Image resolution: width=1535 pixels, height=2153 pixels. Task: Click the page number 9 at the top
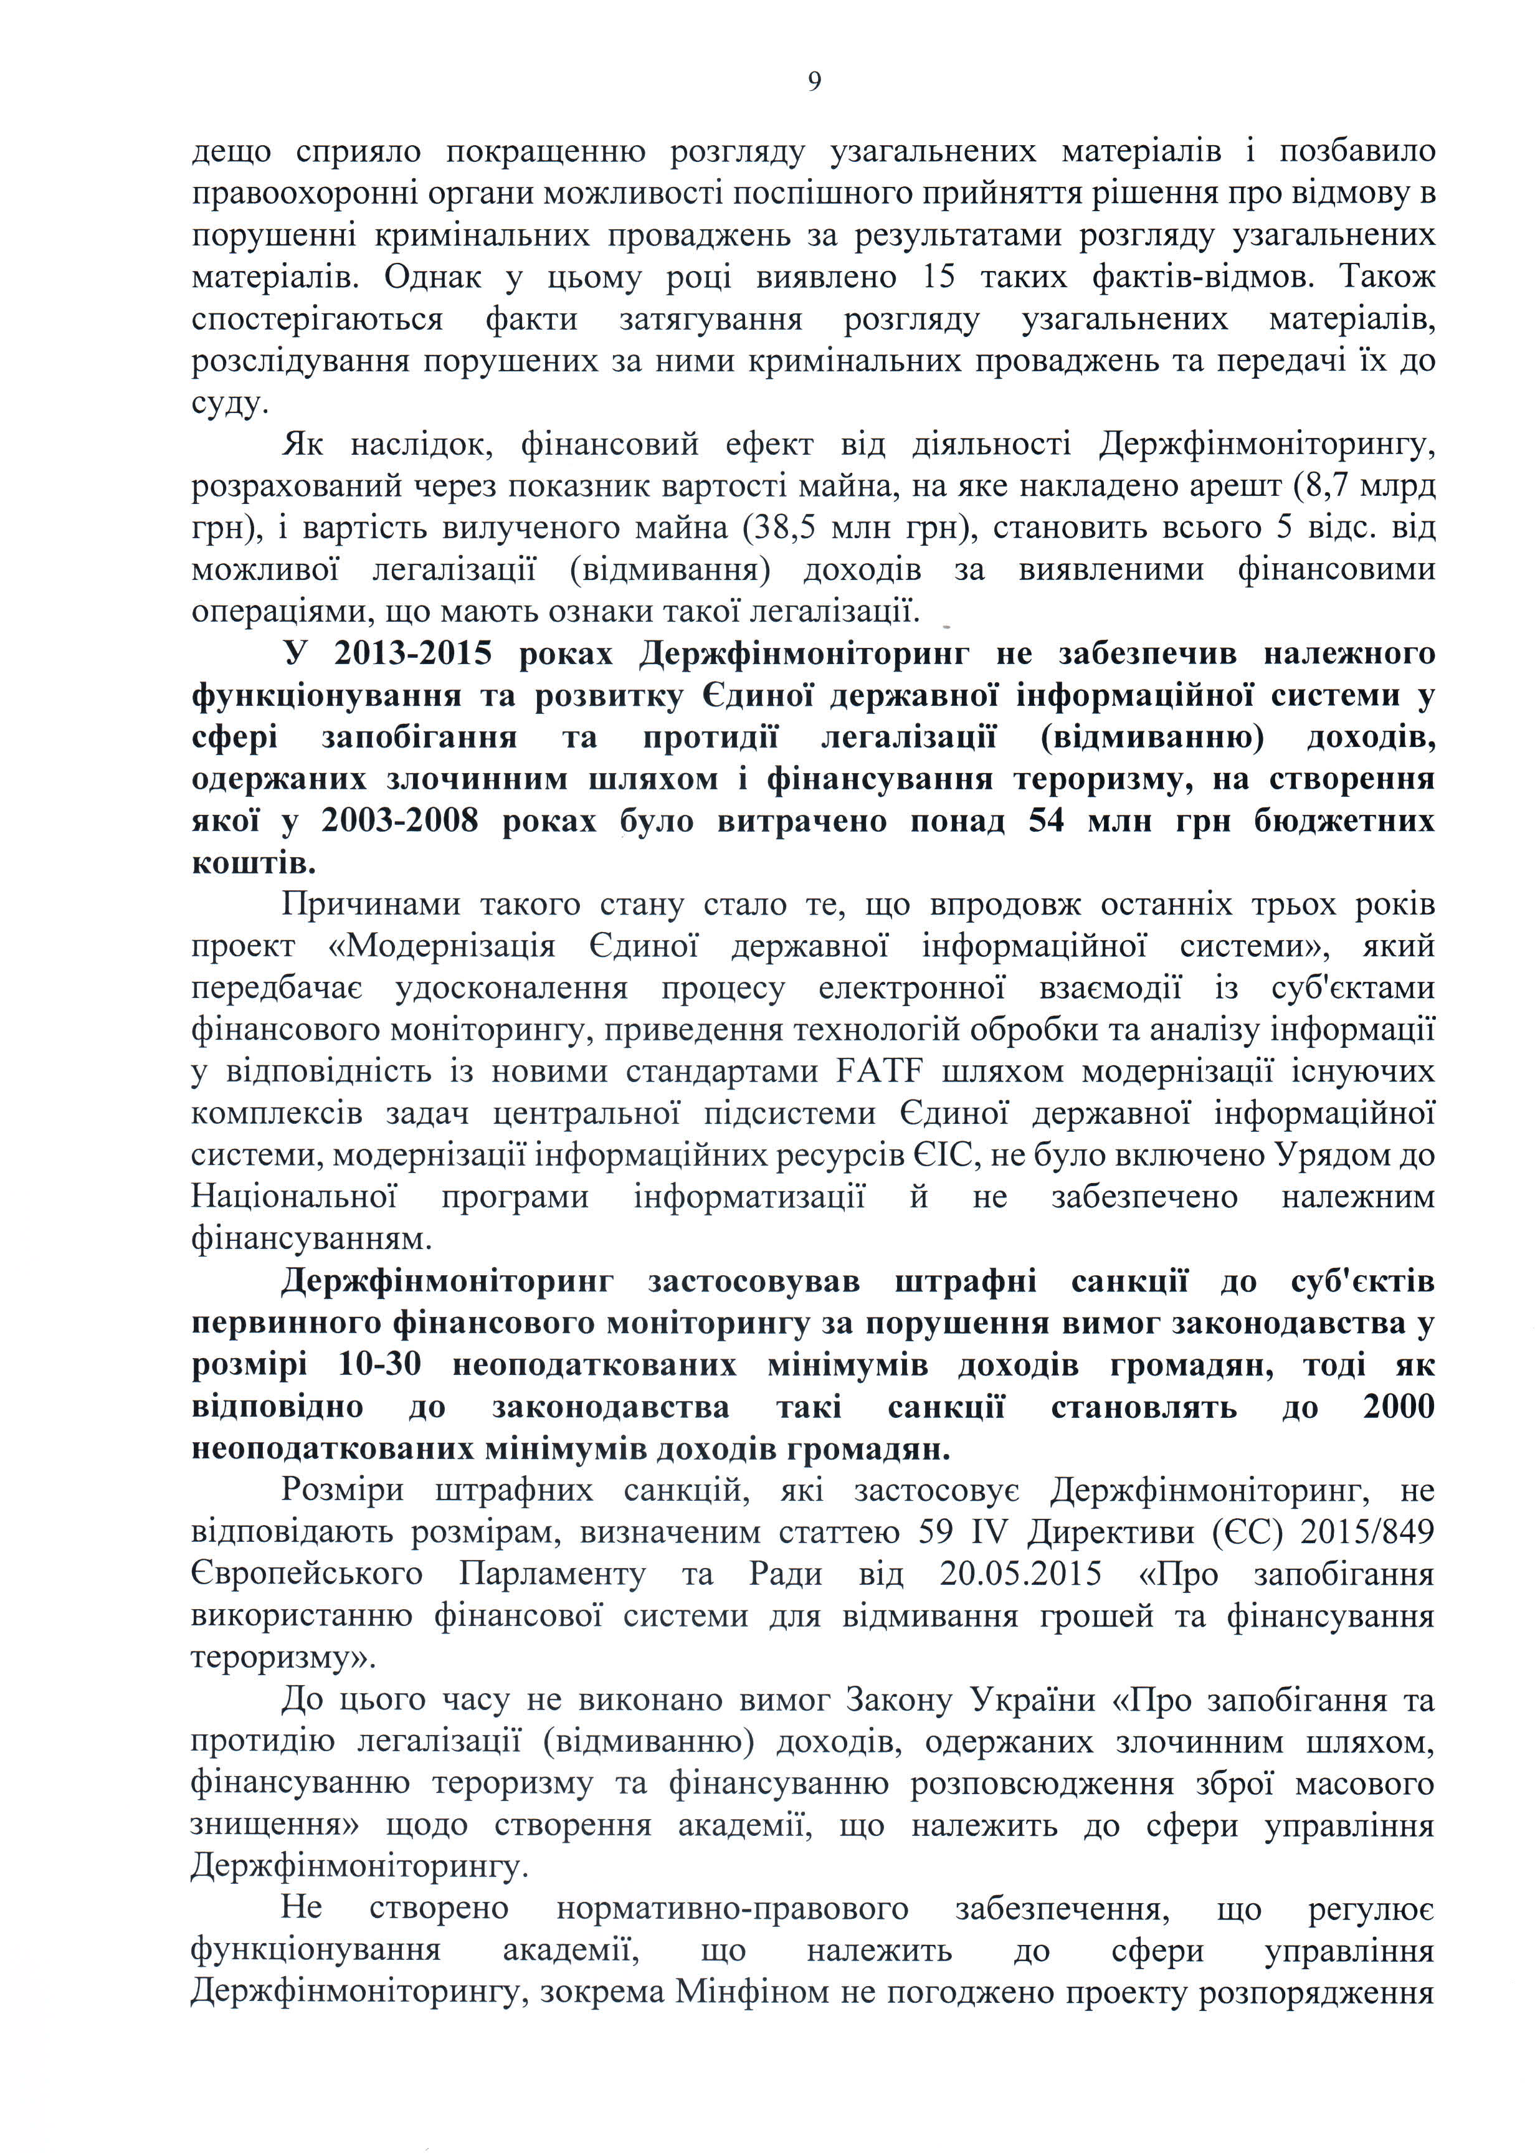tap(815, 82)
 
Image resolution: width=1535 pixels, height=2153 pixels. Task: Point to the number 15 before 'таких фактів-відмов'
tap(936, 277)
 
